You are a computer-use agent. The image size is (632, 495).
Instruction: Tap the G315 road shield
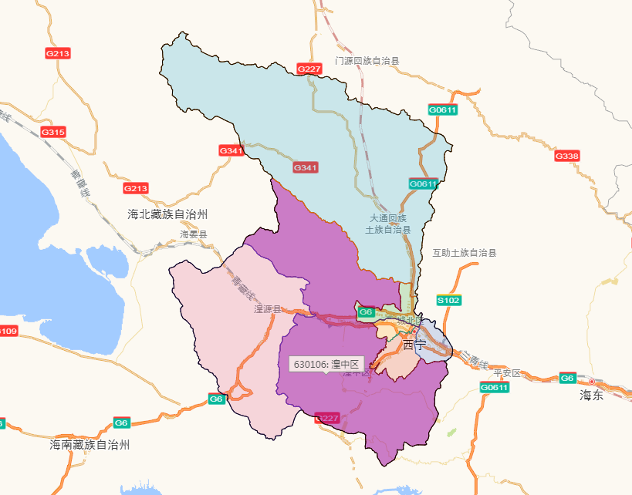(53, 133)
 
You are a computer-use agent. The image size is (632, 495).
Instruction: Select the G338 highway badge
(566, 157)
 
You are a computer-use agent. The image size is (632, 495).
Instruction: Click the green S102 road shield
(448, 300)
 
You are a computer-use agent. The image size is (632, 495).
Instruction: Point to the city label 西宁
(414, 345)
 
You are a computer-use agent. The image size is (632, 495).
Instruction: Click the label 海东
(592, 396)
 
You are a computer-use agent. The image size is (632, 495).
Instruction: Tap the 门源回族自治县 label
(367, 61)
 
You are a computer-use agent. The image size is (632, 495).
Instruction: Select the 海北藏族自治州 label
(167, 214)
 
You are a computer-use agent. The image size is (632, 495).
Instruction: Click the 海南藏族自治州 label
(90, 445)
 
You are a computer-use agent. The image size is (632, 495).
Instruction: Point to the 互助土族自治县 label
(464, 253)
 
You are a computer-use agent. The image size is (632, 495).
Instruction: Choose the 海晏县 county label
(194, 234)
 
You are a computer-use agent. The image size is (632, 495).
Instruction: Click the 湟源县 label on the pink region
(267, 309)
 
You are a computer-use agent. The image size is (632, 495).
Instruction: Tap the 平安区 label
(508, 373)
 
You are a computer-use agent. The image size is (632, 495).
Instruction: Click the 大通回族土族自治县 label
(388, 224)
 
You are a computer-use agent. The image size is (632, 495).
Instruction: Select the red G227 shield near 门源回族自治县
(309, 69)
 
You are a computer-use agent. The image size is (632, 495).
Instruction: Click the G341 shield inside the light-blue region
(306, 167)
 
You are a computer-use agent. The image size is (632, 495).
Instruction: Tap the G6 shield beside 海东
(567, 378)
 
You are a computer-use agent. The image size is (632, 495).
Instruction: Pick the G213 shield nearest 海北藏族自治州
(136, 188)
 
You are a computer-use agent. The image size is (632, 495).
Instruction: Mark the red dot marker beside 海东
(592, 382)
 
